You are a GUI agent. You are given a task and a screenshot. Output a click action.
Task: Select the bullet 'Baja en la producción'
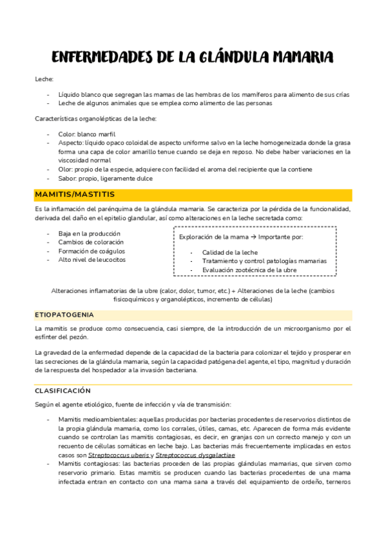pyautogui.click(x=89, y=234)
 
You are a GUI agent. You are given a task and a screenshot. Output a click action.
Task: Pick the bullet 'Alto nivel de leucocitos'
pyautogui.click(x=92, y=259)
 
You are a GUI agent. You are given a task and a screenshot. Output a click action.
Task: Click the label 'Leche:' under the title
pyautogui.click(x=44, y=79)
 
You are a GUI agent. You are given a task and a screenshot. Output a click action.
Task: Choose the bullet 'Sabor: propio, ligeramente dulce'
pyautogui.click(x=106, y=178)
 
